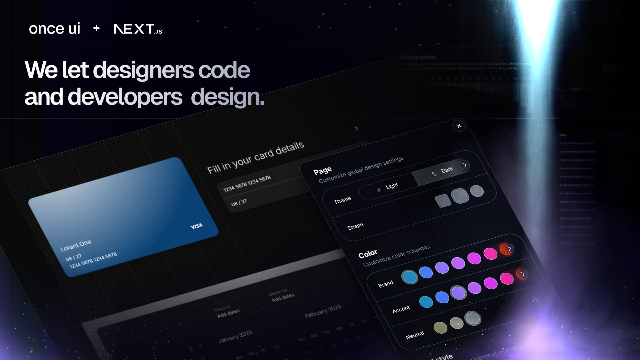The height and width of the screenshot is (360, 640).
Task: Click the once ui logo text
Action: pos(54,29)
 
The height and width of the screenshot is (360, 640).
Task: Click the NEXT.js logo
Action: pos(138,29)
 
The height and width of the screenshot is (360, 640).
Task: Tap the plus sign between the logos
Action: pos(96,28)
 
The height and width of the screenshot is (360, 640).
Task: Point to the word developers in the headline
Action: pos(125,97)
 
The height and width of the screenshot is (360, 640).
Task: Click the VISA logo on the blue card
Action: pos(196,226)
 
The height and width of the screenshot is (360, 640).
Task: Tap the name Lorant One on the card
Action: pos(76,245)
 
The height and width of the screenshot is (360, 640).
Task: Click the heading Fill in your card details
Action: pos(255,157)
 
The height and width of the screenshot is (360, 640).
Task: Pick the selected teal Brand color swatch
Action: pos(409,277)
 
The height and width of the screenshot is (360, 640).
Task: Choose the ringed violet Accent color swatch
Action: pos(458,292)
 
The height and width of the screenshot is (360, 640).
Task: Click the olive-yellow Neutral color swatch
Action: pos(440,327)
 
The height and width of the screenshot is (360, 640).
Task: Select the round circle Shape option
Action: pos(477,191)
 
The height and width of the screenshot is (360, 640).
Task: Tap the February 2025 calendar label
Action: pos(323,311)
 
